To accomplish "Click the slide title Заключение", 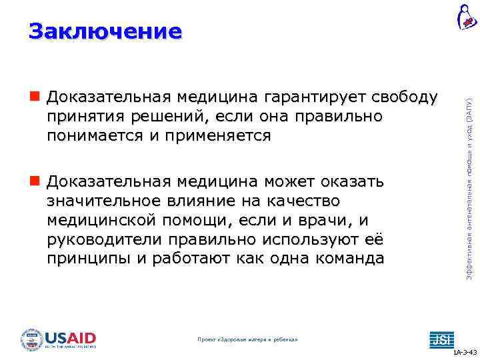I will point(105,31).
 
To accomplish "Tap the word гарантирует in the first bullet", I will point(307,98).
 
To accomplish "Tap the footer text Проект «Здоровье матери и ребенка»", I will point(248,339).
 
